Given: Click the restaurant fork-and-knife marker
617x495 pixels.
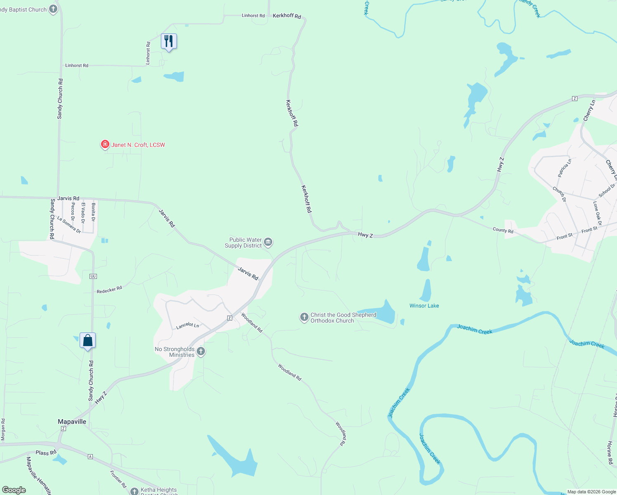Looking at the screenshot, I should (x=169, y=41).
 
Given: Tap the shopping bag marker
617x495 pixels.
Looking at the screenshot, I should (x=87, y=341).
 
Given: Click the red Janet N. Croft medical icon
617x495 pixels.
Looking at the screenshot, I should (x=105, y=144).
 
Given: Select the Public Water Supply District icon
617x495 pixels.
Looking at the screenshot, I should (x=268, y=242).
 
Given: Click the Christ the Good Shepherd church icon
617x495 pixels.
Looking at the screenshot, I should (x=304, y=317).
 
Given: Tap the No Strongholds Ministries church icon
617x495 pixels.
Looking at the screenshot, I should (x=201, y=351).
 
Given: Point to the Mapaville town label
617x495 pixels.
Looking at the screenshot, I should (x=72, y=422).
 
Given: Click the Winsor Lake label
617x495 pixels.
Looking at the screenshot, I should (x=424, y=306).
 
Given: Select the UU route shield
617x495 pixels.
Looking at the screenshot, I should (x=93, y=276).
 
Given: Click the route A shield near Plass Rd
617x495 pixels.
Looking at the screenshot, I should (x=90, y=457).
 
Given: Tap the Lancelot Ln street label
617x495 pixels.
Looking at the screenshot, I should (x=188, y=325).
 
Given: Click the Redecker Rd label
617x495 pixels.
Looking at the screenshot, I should (x=109, y=290).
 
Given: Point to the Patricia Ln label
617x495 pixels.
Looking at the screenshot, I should (x=565, y=168).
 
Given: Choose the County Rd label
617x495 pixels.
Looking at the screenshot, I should (x=503, y=230).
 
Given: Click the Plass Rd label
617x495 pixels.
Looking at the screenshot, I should (x=46, y=453).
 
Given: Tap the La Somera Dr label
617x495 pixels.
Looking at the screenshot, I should (x=69, y=225).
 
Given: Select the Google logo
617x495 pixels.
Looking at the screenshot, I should (x=14, y=490).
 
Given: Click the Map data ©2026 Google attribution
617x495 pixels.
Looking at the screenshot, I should (x=591, y=492).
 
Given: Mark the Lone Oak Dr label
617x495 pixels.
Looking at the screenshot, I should (x=597, y=213).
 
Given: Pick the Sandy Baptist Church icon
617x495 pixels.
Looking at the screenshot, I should (x=53, y=9).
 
